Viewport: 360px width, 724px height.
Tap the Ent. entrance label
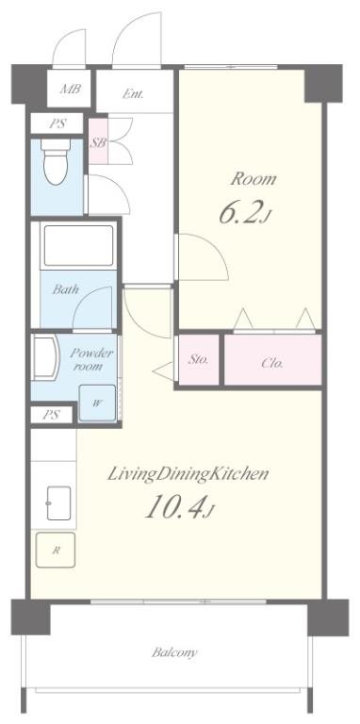(x=133, y=93)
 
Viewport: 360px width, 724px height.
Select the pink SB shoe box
(x=98, y=141)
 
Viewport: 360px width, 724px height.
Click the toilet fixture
(x=56, y=161)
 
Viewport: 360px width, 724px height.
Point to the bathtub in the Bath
(x=78, y=245)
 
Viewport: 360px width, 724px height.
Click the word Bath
(x=65, y=289)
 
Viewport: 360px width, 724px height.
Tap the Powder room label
(x=90, y=360)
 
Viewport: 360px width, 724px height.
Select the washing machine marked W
(x=97, y=403)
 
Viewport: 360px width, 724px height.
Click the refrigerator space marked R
(x=56, y=550)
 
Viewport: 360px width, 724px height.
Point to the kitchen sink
(x=58, y=502)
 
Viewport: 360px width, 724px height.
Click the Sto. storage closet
(x=199, y=359)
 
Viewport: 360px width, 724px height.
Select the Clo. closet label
(x=272, y=363)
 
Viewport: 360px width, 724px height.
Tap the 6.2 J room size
(x=243, y=212)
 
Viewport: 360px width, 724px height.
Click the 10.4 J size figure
(x=180, y=506)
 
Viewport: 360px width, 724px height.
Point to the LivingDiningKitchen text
(x=188, y=474)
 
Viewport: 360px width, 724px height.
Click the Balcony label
(x=174, y=652)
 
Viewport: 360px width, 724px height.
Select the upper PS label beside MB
(x=57, y=123)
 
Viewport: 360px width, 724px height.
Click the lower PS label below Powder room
(x=51, y=415)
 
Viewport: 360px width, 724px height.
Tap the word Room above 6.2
(x=254, y=178)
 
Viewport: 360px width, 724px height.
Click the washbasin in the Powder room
(x=45, y=357)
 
